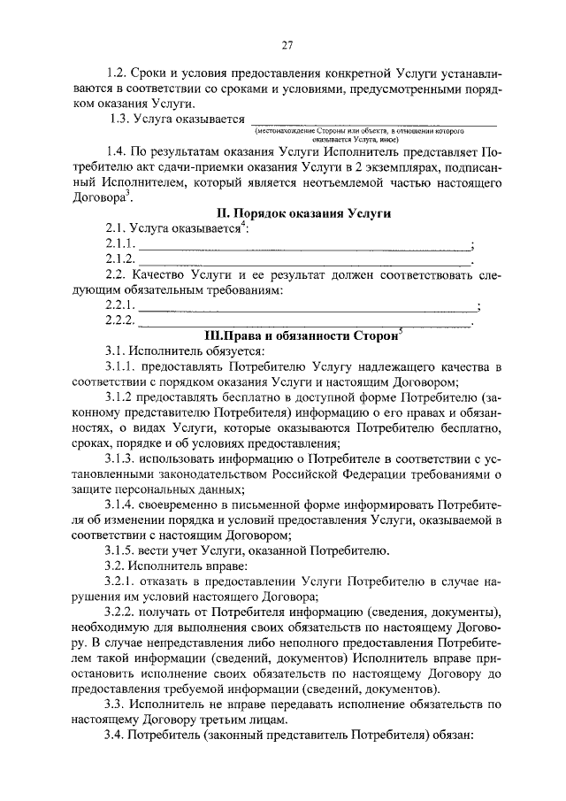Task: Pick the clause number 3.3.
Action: tap(117, 705)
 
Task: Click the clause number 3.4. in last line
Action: tap(117, 736)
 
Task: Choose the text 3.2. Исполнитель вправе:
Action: tap(170, 566)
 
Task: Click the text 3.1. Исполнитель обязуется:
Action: tap(177, 350)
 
